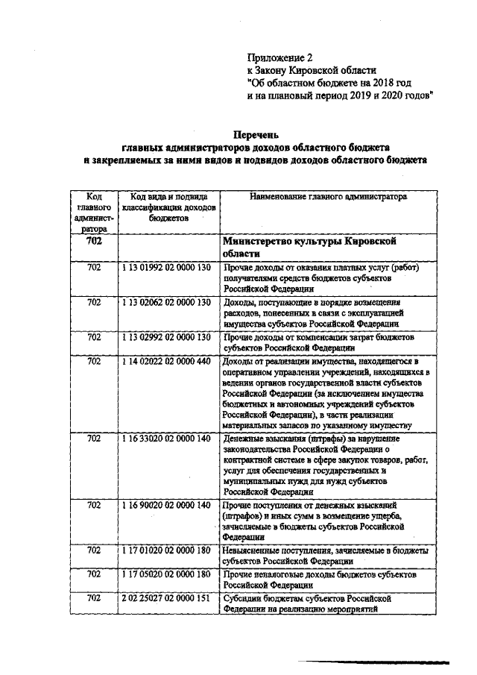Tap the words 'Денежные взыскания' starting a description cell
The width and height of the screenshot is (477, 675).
[264, 439]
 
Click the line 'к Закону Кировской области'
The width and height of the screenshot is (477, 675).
[308, 69]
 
